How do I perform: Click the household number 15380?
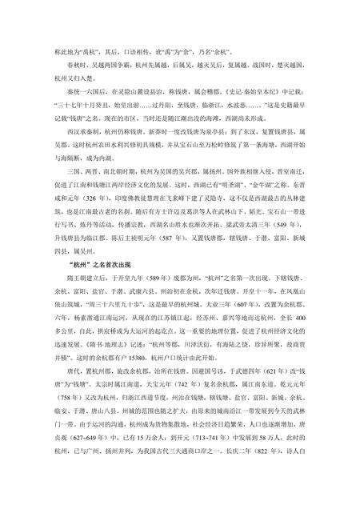[128, 370]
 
